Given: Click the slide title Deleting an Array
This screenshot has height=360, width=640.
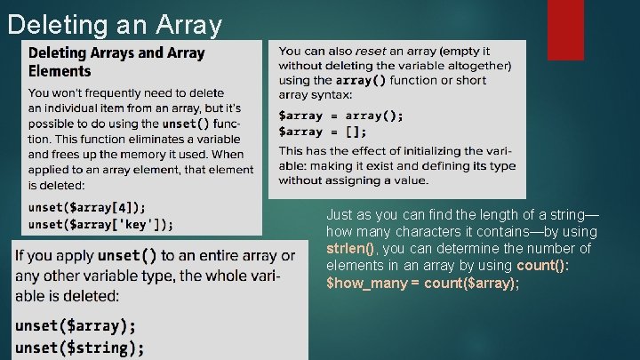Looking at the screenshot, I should (114, 24).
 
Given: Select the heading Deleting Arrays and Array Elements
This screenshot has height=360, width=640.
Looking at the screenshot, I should (116, 61).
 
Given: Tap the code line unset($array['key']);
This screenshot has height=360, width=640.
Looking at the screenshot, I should (100, 224).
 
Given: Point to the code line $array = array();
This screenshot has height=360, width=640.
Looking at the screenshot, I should (340, 115).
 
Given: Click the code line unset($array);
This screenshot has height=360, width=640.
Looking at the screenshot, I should (76, 325).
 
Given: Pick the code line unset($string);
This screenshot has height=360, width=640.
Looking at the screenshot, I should (79, 347).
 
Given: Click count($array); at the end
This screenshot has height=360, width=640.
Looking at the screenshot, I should (472, 283).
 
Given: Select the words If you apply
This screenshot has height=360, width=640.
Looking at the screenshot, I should (52, 256).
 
